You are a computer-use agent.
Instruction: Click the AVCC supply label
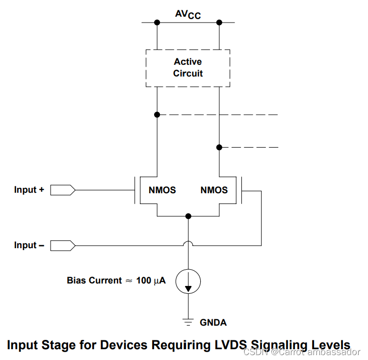[x=188, y=15]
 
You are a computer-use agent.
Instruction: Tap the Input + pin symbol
[x=63, y=190]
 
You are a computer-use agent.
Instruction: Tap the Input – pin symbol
[x=63, y=246]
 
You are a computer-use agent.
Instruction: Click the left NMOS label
[x=162, y=190]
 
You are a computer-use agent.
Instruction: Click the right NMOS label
[x=214, y=190]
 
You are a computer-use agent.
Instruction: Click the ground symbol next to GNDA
[x=188, y=322]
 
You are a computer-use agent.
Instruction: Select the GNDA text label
[x=213, y=322]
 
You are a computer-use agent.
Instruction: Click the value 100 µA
[x=151, y=281]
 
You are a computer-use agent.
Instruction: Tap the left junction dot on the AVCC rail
[x=157, y=23]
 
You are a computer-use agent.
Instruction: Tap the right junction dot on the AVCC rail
[x=219, y=23]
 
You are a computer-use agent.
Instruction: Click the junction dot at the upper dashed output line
[x=157, y=115]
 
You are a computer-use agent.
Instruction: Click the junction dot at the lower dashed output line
[x=219, y=147]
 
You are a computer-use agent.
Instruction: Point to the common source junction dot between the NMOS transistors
[x=188, y=216]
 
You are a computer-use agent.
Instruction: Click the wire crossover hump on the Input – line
[x=188, y=241]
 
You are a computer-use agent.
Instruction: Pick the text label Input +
[x=29, y=189]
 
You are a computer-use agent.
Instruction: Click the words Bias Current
[x=94, y=281]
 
